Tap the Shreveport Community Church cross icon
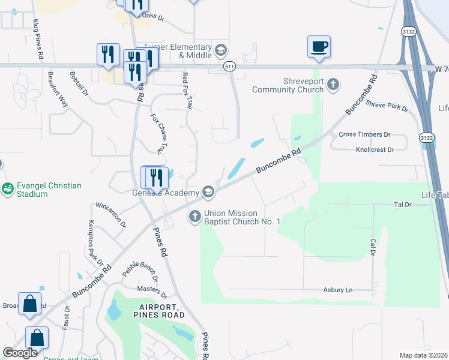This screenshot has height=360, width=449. (x=334, y=84)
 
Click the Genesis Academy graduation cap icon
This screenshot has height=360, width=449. (x=208, y=192)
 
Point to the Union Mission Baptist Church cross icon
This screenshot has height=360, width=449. (x=194, y=216)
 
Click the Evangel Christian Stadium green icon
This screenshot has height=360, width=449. (x=7, y=189)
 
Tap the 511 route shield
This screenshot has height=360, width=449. (x=229, y=66)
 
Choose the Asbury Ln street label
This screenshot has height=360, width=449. (x=338, y=290)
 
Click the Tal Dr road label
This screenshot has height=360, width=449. (x=402, y=205)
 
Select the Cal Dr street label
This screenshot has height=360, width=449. (x=373, y=248)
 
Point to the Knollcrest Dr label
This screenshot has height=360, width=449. (x=375, y=149)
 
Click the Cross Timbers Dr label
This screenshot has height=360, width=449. (x=364, y=135)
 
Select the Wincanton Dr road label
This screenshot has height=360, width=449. (x=111, y=214)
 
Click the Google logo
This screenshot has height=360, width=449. (x=20, y=353)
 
